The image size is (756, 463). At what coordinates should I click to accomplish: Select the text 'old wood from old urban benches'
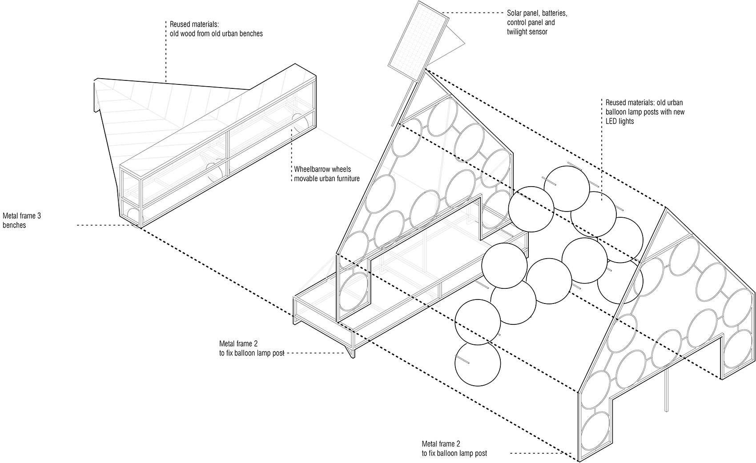[216, 33]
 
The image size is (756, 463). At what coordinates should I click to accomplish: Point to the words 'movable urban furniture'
[327, 179]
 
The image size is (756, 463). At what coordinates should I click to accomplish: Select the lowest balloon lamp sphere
[478, 363]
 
